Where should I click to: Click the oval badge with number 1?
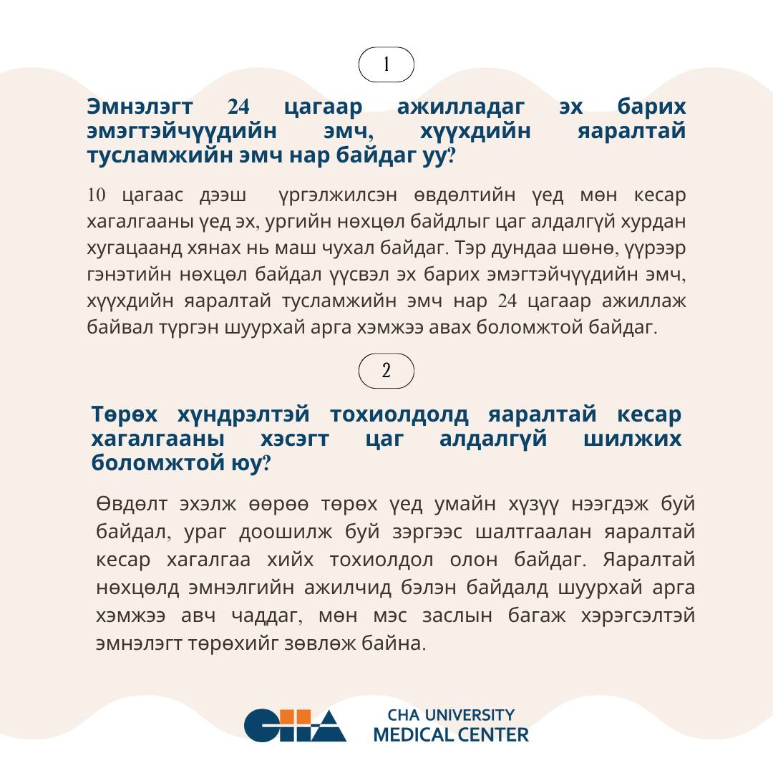pos(386,64)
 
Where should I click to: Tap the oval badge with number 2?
pos(386,371)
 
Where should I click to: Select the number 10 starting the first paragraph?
pos(97,195)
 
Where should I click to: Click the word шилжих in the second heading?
pos(633,439)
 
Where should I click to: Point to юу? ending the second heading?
pos(253,463)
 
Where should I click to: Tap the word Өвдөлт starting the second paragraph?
pos(132,504)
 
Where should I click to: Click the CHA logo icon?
pos(295,725)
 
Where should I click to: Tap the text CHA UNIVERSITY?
pos(451,715)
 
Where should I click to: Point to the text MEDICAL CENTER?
pos(451,734)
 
